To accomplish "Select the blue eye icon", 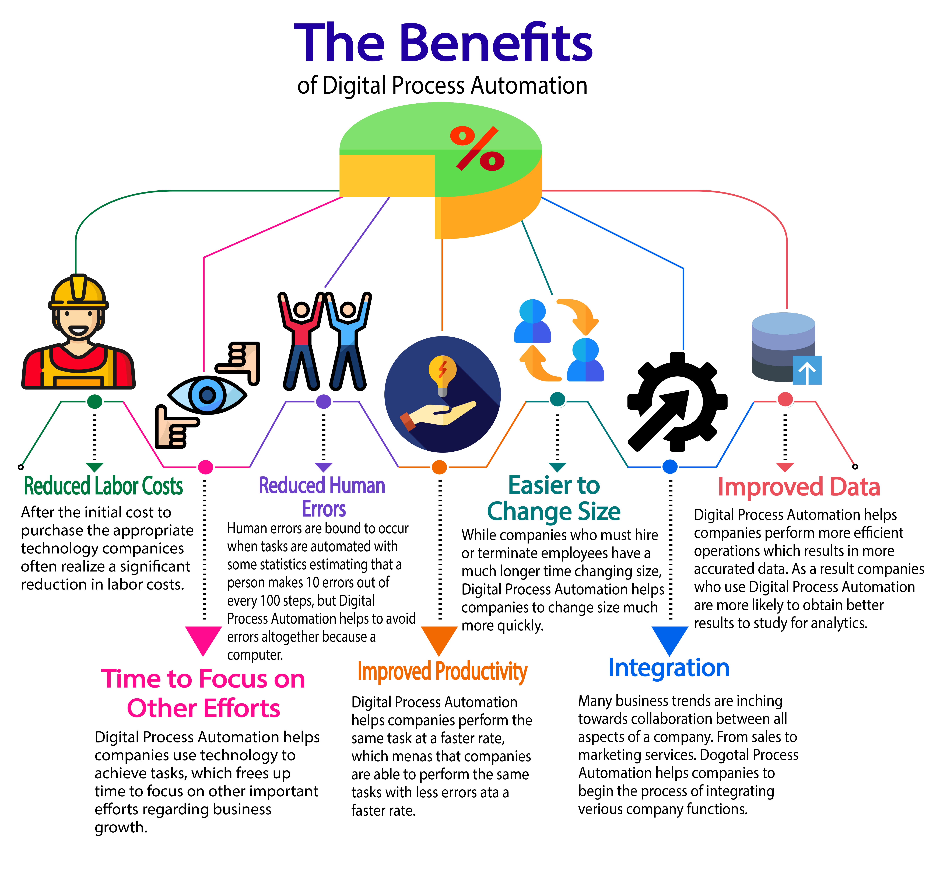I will coord(207,395).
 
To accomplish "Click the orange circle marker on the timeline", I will coord(439,467).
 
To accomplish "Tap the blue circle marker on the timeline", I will coord(670,467).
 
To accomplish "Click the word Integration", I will coord(669,668).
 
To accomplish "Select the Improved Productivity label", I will coord(443,671).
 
